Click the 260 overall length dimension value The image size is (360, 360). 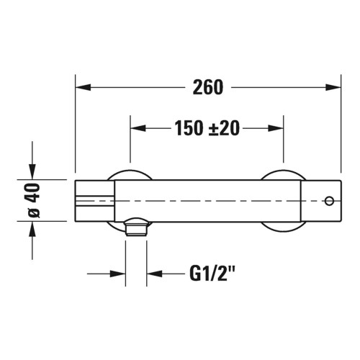coord(208,87)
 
